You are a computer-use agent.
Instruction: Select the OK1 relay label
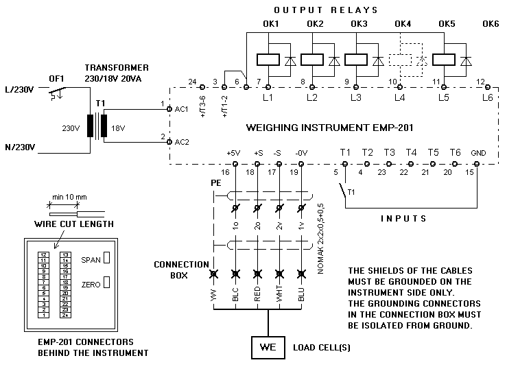(x=270, y=25)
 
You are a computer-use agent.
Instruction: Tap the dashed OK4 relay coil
(x=401, y=60)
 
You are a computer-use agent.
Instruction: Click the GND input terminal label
(x=477, y=152)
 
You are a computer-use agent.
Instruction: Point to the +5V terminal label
(x=234, y=152)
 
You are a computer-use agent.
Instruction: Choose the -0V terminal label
(x=301, y=152)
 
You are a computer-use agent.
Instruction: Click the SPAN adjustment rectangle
(x=106, y=260)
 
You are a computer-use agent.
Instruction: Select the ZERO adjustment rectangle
(x=106, y=283)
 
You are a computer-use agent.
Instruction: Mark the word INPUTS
(x=404, y=218)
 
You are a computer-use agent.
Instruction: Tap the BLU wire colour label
(x=301, y=295)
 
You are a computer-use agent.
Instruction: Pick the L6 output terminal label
(x=487, y=98)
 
